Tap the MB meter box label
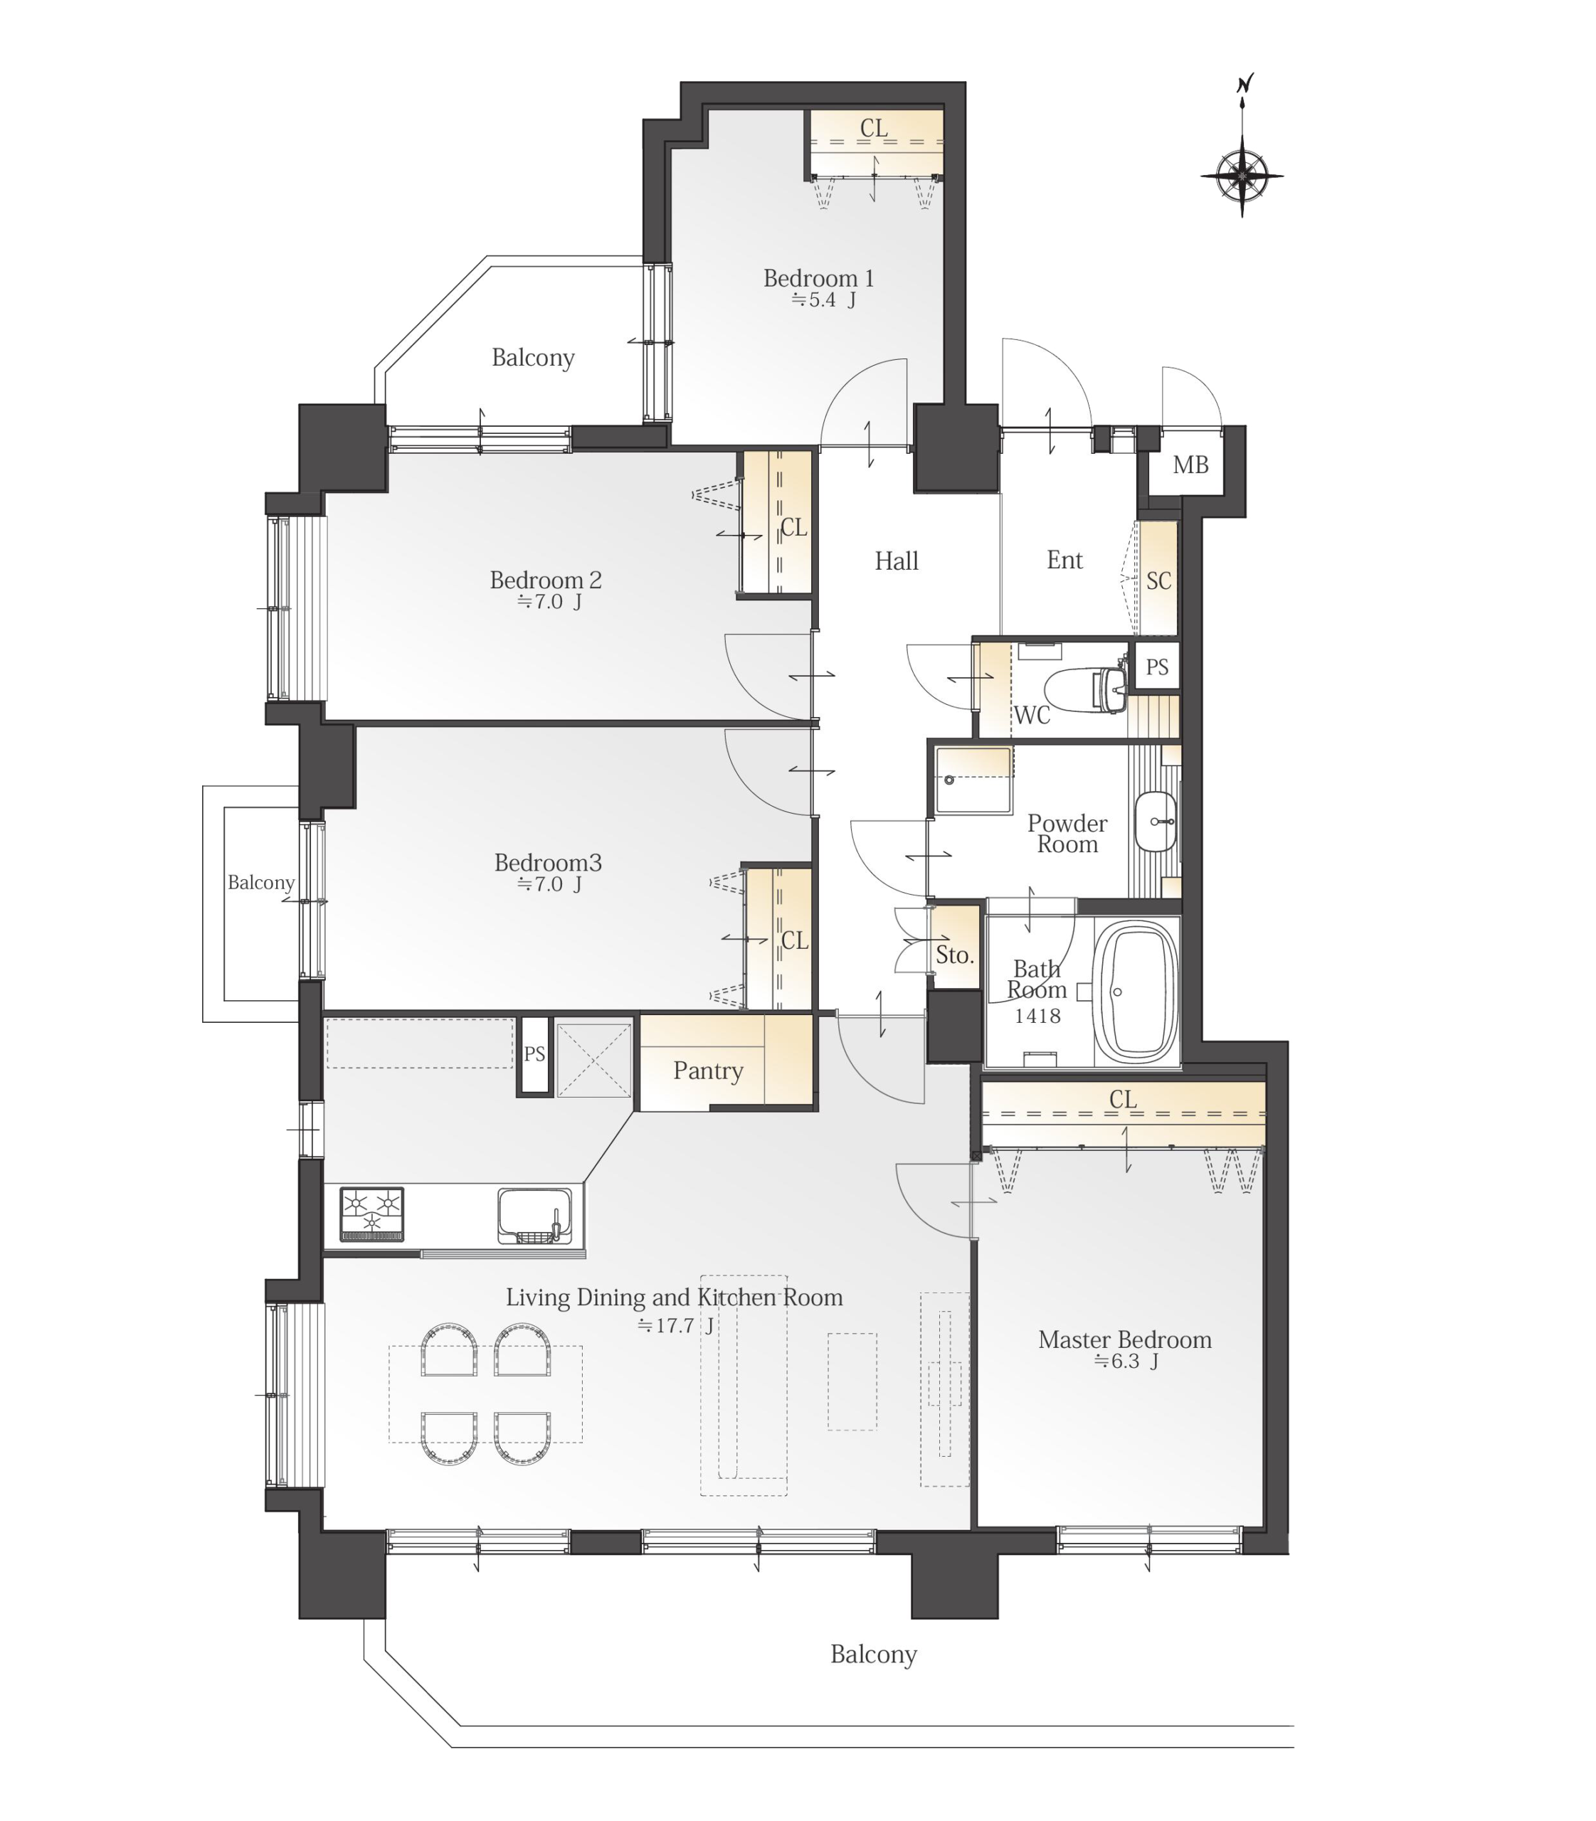(x=1190, y=464)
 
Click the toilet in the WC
(x=1085, y=689)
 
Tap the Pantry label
(x=708, y=1071)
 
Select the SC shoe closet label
(x=1158, y=580)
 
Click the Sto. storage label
(x=955, y=955)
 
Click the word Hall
(x=896, y=561)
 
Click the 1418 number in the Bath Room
(x=1037, y=1016)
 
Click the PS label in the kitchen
(x=534, y=1054)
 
